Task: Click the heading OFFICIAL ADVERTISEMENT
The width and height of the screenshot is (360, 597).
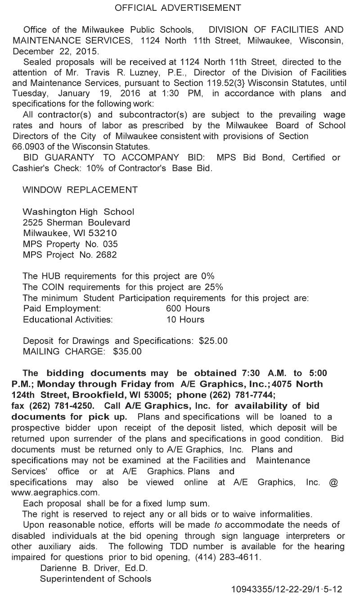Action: pos(178,8)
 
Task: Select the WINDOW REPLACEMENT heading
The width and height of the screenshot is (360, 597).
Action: pos(80,190)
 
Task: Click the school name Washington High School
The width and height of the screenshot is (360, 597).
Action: pos(78,212)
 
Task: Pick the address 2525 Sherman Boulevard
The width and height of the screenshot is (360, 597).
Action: pos(76,222)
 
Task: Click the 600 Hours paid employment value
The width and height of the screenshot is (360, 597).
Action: pos(188,309)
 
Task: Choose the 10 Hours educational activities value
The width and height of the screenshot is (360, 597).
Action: pos(185,320)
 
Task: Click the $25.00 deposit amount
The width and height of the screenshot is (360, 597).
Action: pos(213,341)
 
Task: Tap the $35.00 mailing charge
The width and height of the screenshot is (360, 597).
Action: pos(127,352)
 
